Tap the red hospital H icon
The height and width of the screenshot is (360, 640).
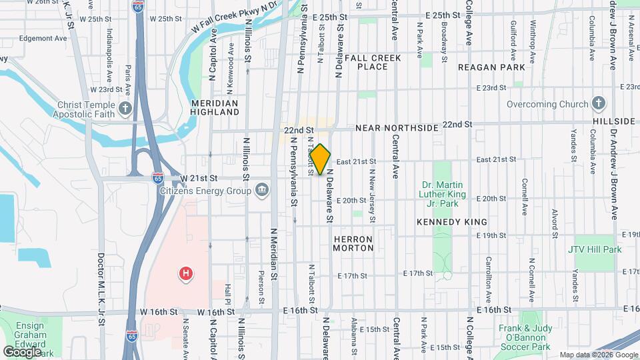click(x=187, y=273)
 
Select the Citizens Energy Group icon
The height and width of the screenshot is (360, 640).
click(x=262, y=191)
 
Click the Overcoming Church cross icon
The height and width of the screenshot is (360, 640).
click(x=599, y=104)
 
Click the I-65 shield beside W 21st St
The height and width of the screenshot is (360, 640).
click(x=157, y=178)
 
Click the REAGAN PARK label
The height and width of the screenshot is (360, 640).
click(x=491, y=67)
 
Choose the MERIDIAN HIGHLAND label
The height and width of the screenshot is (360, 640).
click(x=215, y=108)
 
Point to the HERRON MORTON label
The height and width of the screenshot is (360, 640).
click(x=353, y=243)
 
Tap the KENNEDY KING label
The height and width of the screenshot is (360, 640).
click(x=451, y=221)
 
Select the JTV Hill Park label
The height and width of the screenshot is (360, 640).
click(x=595, y=249)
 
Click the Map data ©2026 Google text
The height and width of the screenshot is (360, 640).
click(x=597, y=355)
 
